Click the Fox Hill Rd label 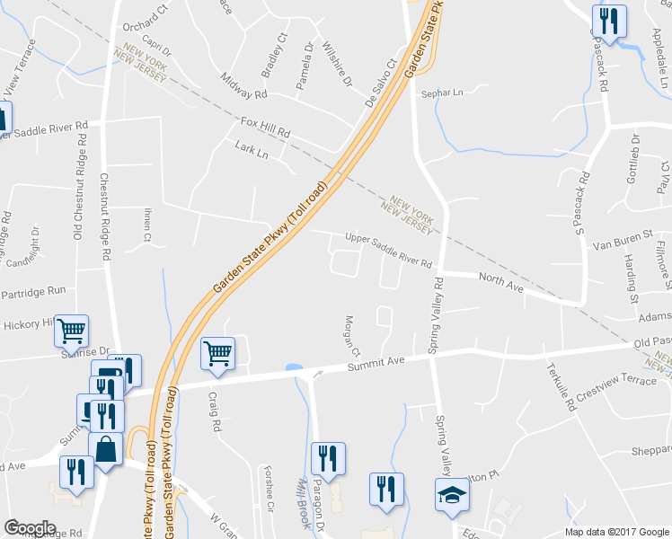click(x=266, y=127)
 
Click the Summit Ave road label click(x=377, y=362)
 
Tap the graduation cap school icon click(x=452, y=494)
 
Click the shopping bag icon click(x=106, y=449)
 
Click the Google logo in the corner click(x=29, y=528)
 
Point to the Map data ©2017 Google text click(x=615, y=532)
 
